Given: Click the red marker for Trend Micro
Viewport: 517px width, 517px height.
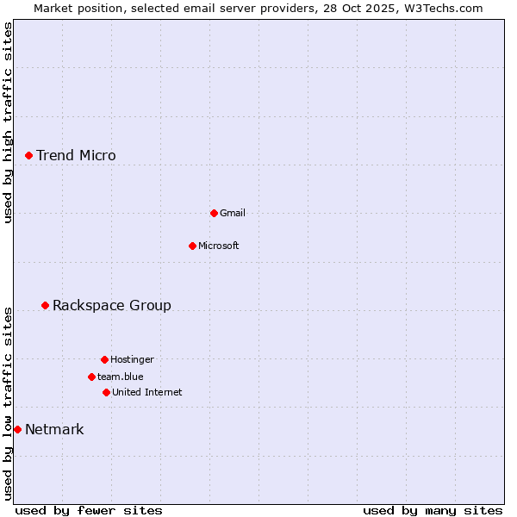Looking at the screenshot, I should click(x=28, y=155).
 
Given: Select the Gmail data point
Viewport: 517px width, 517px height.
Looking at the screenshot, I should click(x=214, y=213).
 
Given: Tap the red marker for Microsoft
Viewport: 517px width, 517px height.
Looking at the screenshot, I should click(x=192, y=246).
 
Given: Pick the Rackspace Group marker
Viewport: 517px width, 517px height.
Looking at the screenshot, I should click(x=45, y=305).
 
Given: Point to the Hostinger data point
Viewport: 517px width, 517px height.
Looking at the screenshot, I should click(x=104, y=359).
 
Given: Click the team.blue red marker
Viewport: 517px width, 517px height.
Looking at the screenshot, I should click(x=91, y=377).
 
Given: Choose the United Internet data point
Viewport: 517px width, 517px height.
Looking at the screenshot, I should click(x=106, y=392).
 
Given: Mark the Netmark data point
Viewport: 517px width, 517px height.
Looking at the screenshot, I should click(x=17, y=429).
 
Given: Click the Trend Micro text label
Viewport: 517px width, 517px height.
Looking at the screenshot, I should click(x=76, y=156).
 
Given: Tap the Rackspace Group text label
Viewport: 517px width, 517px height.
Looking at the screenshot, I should click(x=112, y=306).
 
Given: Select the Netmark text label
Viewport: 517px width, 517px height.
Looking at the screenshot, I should click(x=54, y=430).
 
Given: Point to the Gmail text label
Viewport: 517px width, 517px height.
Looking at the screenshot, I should click(x=233, y=214).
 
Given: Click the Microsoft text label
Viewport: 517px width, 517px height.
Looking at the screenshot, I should click(x=219, y=246).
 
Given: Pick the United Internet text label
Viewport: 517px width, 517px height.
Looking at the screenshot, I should click(x=147, y=393).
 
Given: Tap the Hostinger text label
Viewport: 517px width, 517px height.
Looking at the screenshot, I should click(x=132, y=360).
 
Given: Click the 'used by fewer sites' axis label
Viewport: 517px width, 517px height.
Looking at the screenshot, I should click(x=89, y=510).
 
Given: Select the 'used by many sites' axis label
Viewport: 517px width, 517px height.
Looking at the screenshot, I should click(x=433, y=510).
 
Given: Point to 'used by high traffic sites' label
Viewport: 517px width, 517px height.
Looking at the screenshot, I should click(x=9, y=122).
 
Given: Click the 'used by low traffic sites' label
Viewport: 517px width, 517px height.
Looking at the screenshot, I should click(x=9, y=402).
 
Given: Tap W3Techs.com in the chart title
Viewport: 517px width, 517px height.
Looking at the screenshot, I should click(x=439, y=8).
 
